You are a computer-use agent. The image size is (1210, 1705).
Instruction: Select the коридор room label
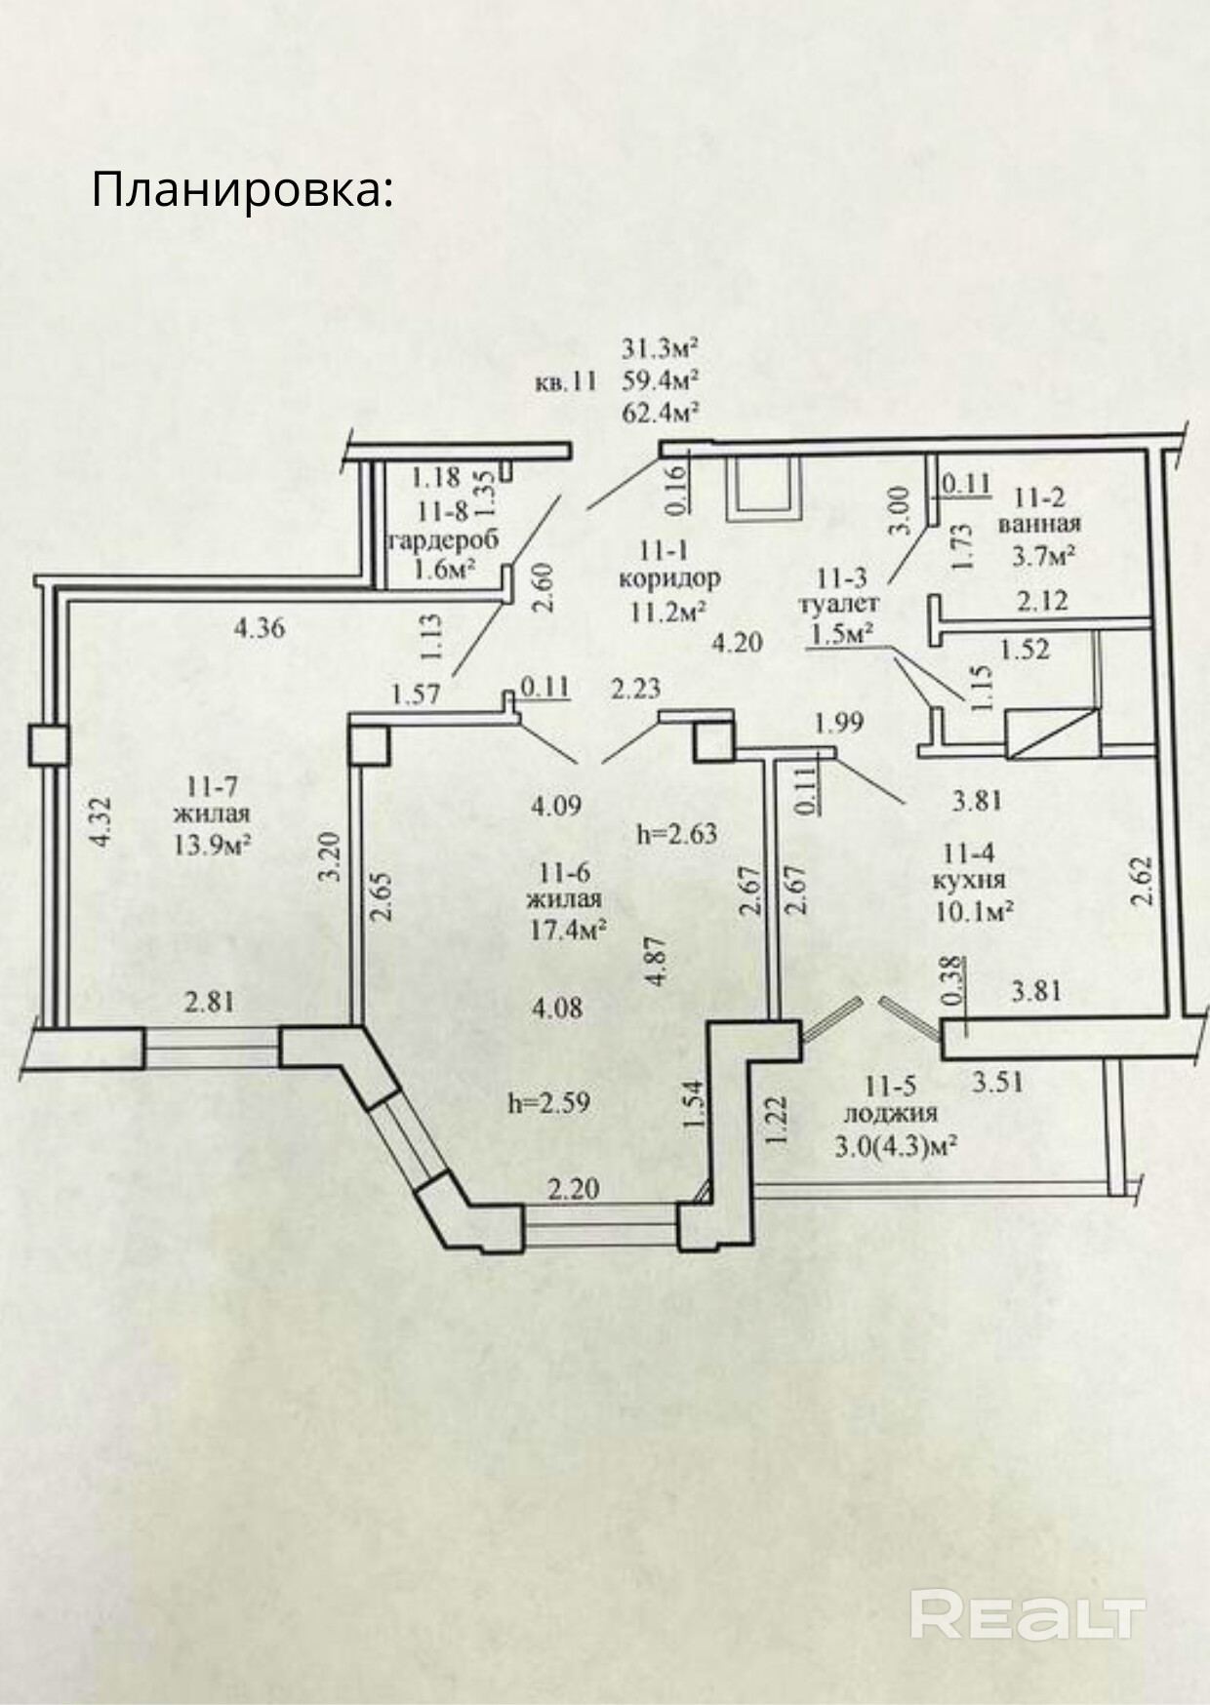tap(669, 577)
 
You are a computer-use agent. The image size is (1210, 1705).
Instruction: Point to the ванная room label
tap(1038, 525)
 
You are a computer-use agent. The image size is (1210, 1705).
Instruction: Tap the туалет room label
tap(838, 605)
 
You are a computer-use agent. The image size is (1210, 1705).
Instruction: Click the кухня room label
tap(969, 880)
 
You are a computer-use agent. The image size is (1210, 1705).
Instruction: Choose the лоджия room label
tap(890, 1114)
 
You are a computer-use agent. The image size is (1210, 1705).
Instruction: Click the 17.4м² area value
tap(569, 930)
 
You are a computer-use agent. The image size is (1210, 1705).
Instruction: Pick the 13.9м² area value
tap(213, 844)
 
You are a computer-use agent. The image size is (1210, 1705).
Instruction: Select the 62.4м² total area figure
tap(663, 413)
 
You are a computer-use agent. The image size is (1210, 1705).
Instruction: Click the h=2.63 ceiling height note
tap(676, 834)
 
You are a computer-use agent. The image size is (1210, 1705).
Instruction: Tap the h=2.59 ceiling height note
tap(549, 1103)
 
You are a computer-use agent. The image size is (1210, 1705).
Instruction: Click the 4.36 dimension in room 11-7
tap(260, 627)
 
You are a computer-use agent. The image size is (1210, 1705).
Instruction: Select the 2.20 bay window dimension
tap(573, 1190)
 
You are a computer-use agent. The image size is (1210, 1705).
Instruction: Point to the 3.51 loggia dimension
tap(998, 1082)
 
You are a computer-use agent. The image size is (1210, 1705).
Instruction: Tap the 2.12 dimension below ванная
tap(1042, 600)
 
